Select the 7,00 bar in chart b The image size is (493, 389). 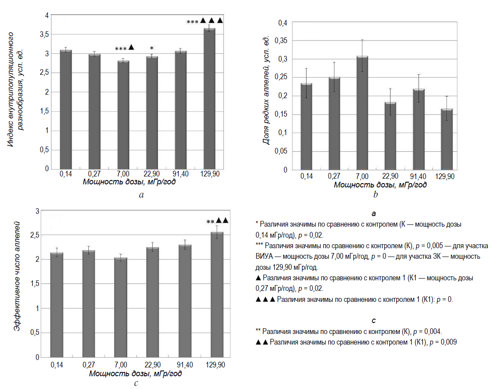coord(362,113)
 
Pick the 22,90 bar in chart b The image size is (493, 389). coord(390,136)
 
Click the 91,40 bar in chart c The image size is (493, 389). coord(185,301)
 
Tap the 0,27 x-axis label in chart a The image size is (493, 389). coord(94,174)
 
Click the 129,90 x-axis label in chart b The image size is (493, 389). coord(445,177)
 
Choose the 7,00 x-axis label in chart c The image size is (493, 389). coord(121,365)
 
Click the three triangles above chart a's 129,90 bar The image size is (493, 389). coord(212,21)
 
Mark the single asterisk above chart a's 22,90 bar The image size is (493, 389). coord(152,48)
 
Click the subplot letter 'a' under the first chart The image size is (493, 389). coord(141,195)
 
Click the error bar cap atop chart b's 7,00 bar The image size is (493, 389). coord(362,40)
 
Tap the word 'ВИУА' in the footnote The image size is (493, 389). coord(264,256)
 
